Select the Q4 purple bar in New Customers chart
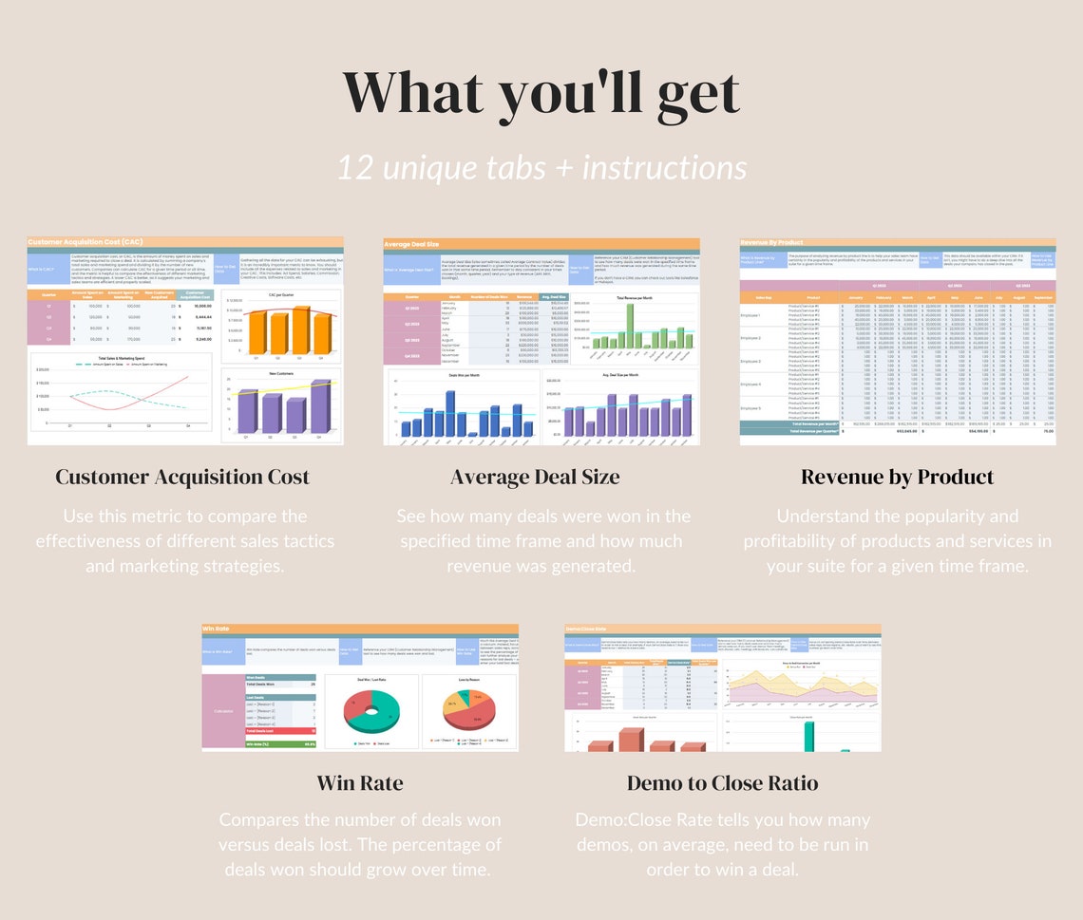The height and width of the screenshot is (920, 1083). tap(320, 407)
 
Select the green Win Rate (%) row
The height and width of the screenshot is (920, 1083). tap(258, 744)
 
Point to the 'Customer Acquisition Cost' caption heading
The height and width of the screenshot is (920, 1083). tap(182, 477)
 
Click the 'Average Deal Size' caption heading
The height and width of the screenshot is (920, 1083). tap(535, 477)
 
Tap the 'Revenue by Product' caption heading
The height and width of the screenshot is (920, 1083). tap(897, 477)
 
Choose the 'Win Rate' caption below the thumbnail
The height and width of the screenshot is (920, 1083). tap(359, 783)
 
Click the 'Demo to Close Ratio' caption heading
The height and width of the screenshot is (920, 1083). tap(722, 783)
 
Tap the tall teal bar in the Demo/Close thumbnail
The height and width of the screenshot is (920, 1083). tap(809, 736)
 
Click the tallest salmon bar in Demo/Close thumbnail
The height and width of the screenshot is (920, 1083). tap(629, 740)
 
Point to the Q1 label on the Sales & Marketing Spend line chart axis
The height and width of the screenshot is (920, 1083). tap(70, 426)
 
